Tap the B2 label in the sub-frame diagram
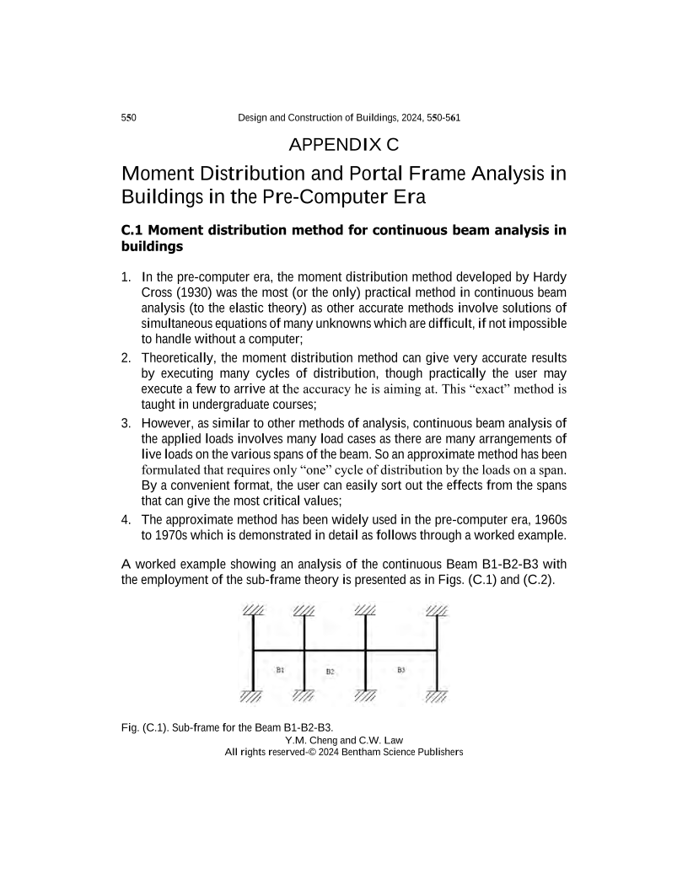pos(331,672)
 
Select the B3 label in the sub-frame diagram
pos(401,669)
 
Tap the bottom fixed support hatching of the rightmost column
pos(437,695)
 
